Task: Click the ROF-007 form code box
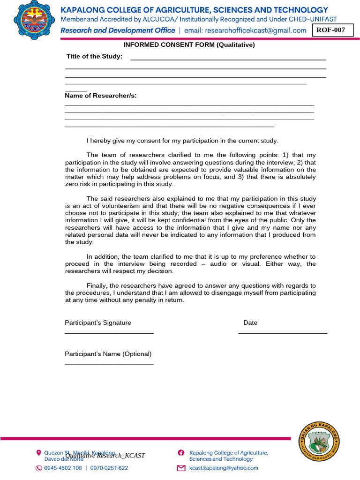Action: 333,30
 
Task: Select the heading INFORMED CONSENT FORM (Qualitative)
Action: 189,45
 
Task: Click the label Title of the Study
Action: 94,57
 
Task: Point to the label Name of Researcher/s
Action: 101,96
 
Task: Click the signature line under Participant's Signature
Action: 109,333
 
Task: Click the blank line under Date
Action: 283,333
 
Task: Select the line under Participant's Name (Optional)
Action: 109,364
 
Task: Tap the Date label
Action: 250,323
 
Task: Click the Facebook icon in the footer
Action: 181,453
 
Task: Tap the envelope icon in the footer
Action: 181,468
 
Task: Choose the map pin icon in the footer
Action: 39,453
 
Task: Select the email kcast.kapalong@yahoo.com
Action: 224,468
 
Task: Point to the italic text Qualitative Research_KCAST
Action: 105,456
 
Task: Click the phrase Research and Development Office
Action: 118,30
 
